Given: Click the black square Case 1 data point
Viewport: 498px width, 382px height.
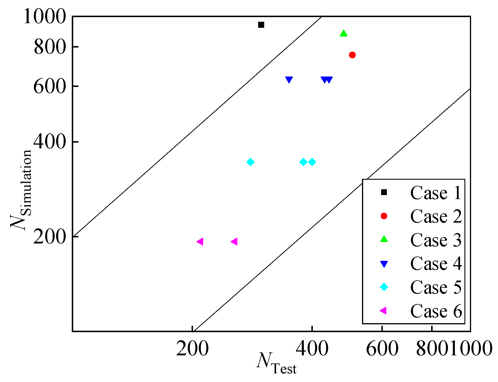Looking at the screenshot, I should (261, 25).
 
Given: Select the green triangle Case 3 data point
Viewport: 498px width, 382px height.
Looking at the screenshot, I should (343, 34).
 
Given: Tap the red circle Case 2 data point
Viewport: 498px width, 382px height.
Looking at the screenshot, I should (352, 55).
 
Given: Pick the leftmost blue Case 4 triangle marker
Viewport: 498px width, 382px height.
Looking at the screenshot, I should (289, 80).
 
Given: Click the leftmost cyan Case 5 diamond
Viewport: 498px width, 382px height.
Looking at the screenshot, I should (251, 162).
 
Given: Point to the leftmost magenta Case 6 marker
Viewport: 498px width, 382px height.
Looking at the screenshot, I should (200, 241).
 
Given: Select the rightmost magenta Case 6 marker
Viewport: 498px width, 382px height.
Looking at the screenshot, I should (234, 241).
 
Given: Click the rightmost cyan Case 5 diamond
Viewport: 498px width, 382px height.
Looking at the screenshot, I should (312, 162).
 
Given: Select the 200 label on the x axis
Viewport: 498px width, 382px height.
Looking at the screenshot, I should (192, 348).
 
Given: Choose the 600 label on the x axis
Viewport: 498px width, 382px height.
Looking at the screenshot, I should (382, 348).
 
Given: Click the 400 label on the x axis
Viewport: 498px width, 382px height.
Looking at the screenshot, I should (312, 348).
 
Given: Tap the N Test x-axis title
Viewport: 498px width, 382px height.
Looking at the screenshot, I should (277, 362).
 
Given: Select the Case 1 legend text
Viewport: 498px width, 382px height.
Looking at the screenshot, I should (436, 193).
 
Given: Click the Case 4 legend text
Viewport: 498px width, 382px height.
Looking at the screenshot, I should (436, 264).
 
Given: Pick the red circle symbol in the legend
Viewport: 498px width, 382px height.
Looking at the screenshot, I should (384, 216).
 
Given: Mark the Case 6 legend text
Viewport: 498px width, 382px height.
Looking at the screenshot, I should (436, 311).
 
